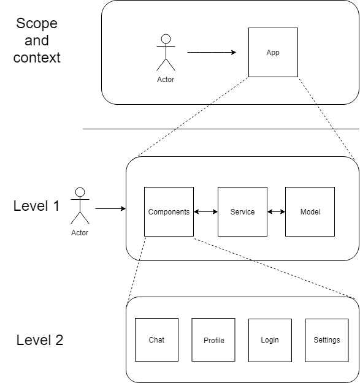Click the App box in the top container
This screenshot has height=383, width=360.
point(273,52)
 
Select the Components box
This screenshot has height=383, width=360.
point(169,211)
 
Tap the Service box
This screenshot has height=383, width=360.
point(242,211)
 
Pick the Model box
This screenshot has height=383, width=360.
point(310,211)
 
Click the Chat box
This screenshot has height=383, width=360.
point(156,339)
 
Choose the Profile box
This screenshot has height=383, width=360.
point(213,339)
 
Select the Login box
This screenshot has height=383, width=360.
point(270,339)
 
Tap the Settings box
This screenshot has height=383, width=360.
point(326,339)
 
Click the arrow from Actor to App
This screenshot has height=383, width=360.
point(212,52)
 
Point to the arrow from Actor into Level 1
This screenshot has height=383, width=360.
point(110,209)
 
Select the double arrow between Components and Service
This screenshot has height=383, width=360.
point(205,212)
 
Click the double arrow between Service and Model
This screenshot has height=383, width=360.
point(276,212)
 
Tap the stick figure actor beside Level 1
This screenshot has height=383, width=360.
point(80,205)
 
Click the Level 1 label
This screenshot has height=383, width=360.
point(37,206)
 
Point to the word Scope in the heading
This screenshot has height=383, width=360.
point(37,24)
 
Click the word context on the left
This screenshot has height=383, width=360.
point(37,58)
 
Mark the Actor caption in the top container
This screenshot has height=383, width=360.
point(166,80)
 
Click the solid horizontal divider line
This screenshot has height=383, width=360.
point(221,129)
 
